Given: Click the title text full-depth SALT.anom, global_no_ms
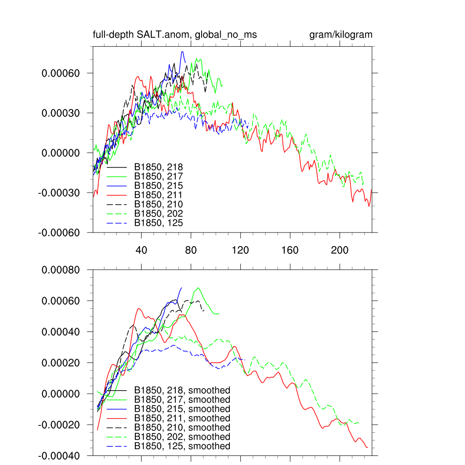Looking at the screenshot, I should point(175,35).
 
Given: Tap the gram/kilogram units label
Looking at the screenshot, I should point(341,35).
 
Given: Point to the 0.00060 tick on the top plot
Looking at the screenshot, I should point(61,73).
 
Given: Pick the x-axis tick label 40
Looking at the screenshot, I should point(142,250).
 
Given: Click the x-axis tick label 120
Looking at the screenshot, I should point(241,250).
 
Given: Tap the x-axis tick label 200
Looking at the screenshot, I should point(340,250).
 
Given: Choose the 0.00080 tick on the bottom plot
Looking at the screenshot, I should point(61,270).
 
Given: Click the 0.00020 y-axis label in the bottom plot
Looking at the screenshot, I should point(61,363).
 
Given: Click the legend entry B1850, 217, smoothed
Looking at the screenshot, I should point(182,400).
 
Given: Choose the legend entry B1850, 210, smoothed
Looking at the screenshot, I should point(182,428).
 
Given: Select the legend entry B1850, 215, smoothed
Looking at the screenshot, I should point(182,409).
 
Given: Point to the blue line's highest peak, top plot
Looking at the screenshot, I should point(182,52).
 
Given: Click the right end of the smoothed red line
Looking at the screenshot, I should point(367,447).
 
